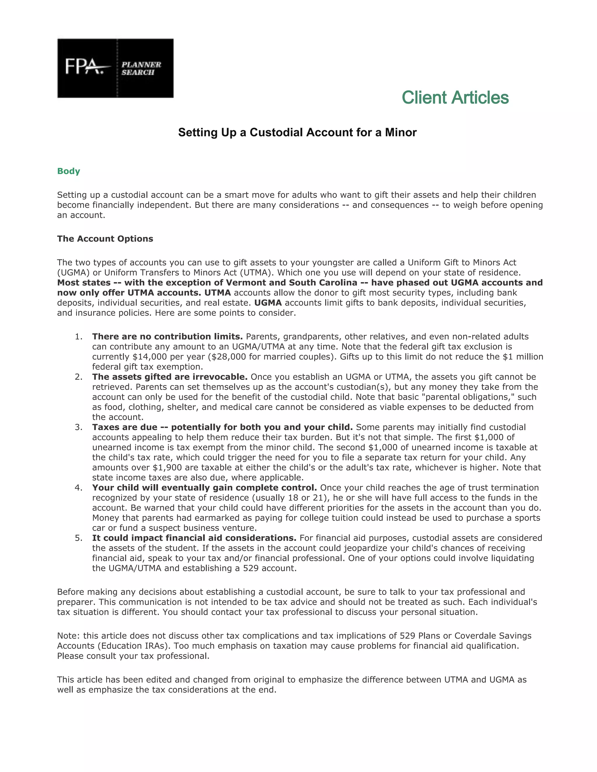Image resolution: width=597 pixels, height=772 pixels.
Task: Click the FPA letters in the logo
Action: click(x=84, y=67)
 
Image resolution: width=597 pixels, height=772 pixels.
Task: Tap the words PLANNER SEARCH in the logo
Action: click(x=141, y=68)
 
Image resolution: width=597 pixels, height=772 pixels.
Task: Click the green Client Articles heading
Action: click(x=455, y=98)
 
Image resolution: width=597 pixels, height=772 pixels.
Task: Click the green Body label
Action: click(x=69, y=171)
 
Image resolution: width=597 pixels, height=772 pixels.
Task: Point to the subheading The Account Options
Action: click(x=105, y=239)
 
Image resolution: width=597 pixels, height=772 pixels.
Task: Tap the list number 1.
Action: click(x=78, y=336)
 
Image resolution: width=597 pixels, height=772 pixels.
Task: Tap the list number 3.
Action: click(x=78, y=427)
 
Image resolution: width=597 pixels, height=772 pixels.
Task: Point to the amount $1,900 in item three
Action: click(x=167, y=468)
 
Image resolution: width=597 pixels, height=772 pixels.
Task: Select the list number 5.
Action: click(x=78, y=538)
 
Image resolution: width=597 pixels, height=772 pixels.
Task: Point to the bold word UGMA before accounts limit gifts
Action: click(x=268, y=303)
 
